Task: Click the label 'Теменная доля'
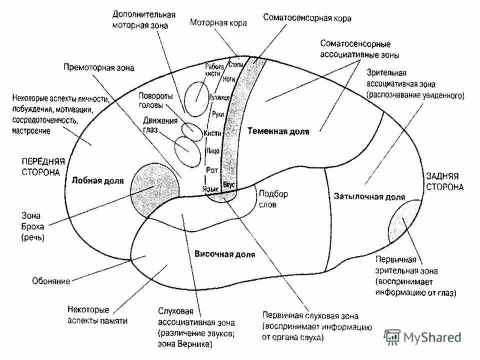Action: click(278, 131)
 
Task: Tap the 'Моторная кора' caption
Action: click(218, 22)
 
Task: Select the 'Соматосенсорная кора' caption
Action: click(308, 18)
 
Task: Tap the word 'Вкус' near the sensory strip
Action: click(228, 184)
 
